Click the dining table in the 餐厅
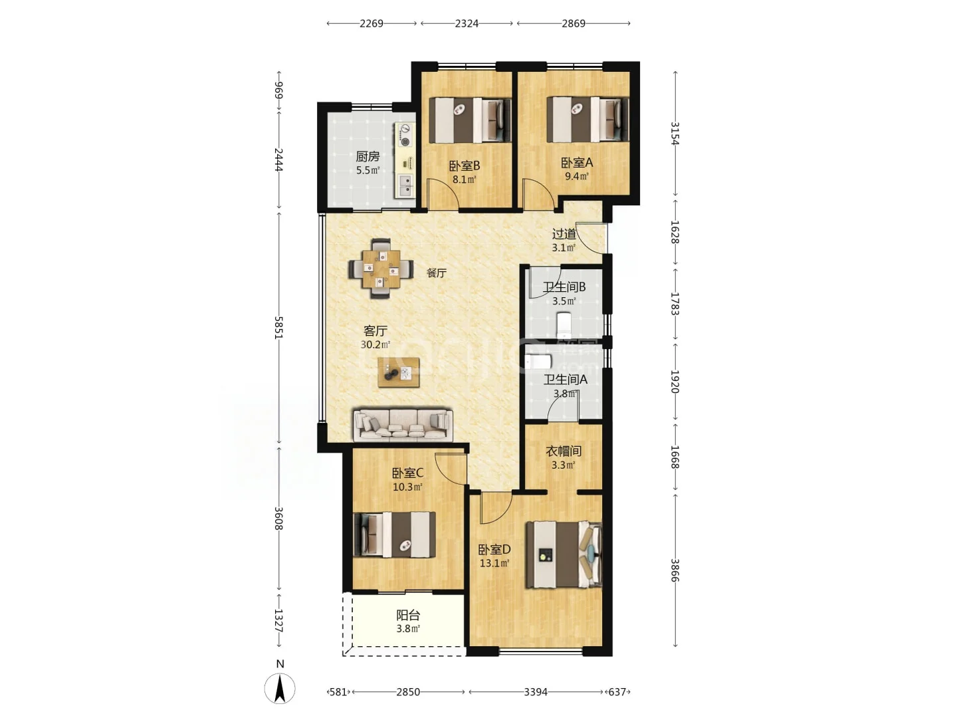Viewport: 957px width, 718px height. pyautogui.click(x=381, y=268)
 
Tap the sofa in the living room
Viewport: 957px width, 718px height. pyautogui.click(x=403, y=425)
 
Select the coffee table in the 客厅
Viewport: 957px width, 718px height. pyautogui.click(x=399, y=372)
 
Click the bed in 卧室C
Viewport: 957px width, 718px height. pyautogui.click(x=394, y=535)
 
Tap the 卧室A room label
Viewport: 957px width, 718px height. pyautogui.click(x=576, y=163)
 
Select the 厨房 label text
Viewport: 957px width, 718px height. pyautogui.click(x=368, y=156)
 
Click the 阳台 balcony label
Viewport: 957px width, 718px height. pyautogui.click(x=408, y=615)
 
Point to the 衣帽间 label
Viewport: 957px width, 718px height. pyautogui.click(x=564, y=451)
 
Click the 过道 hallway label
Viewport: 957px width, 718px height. pyautogui.click(x=564, y=234)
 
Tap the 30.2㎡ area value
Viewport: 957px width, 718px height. pyautogui.click(x=375, y=344)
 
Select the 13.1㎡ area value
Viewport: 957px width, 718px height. pyautogui.click(x=494, y=563)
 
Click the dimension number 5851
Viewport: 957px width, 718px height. pyautogui.click(x=279, y=327)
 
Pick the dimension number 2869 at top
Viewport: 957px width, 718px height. pyautogui.click(x=574, y=23)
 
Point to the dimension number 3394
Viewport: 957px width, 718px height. pyautogui.click(x=536, y=692)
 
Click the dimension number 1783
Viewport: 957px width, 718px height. pyautogui.click(x=675, y=304)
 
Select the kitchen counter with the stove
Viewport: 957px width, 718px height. pyautogui.click(x=405, y=160)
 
